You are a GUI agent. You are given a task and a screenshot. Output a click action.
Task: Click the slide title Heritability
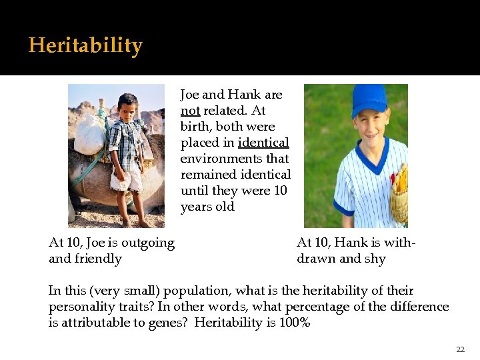click(x=85, y=46)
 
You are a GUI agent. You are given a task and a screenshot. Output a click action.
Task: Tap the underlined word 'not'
click(x=190, y=111)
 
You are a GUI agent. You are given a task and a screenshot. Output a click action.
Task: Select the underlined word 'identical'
click(x=263, y=143)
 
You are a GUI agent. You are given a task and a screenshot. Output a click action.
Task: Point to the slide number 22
click(x=460, y=349)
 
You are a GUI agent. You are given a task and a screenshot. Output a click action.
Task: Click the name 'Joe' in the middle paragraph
click(x=191, y=95)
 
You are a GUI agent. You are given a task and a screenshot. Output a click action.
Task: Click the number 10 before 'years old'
click(x=280, y=191)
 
